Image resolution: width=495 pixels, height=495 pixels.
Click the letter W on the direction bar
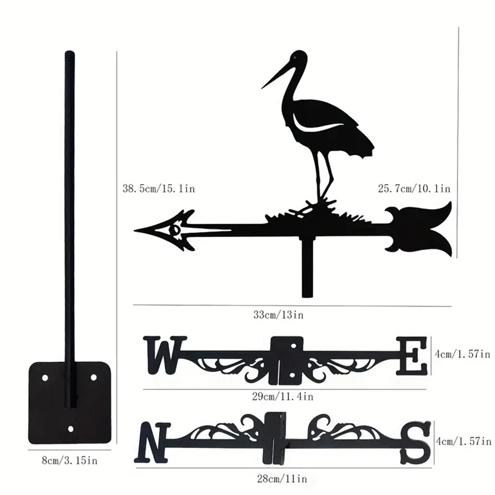tap(164, 354)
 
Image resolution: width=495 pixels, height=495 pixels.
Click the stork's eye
tap(296, 58)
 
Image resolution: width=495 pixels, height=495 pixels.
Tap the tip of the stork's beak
tap(262, 88)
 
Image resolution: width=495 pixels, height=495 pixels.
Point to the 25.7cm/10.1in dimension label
tap(414, 189)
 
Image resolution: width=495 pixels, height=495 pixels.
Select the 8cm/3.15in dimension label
tap(69, 461)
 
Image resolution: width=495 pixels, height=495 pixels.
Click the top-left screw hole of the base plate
tap(45, 377)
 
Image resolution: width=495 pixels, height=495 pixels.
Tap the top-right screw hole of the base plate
tap(93, 377)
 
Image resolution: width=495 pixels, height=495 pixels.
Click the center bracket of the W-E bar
tap(287, 360)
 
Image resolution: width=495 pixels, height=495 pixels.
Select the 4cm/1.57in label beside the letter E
tap(462, 354)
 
